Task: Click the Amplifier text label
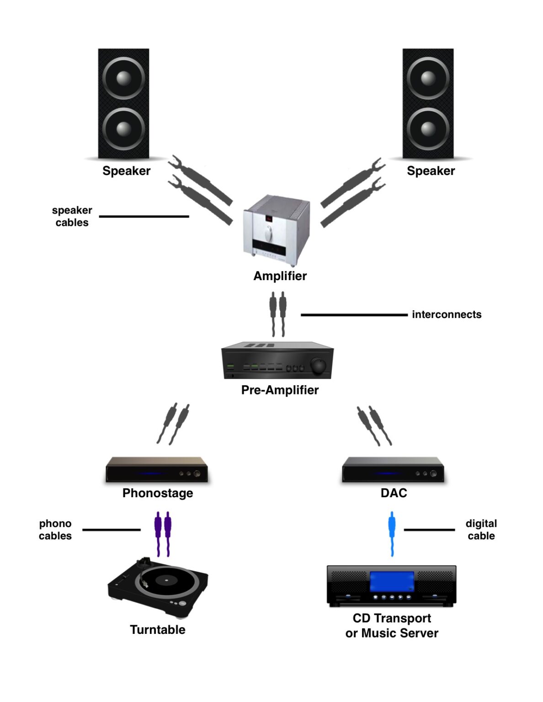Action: pos(280,276)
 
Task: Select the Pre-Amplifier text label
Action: pos(280,390)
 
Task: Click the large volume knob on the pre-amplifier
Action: pos(318,366)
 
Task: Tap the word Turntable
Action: pos(158,630)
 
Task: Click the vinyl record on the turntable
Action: pos(167,582)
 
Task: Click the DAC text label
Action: pos(394,493)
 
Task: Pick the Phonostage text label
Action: pos(158,493)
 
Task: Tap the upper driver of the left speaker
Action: pos(123,78)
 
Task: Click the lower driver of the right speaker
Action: pos(428,129)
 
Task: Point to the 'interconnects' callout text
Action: pos(447,314)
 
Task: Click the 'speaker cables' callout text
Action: pos(72,216)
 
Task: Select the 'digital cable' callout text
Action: pos(481,530)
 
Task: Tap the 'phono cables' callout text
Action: pos(55,530)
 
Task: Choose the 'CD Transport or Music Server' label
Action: pos(392,626)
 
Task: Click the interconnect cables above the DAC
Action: pos(374,425)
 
